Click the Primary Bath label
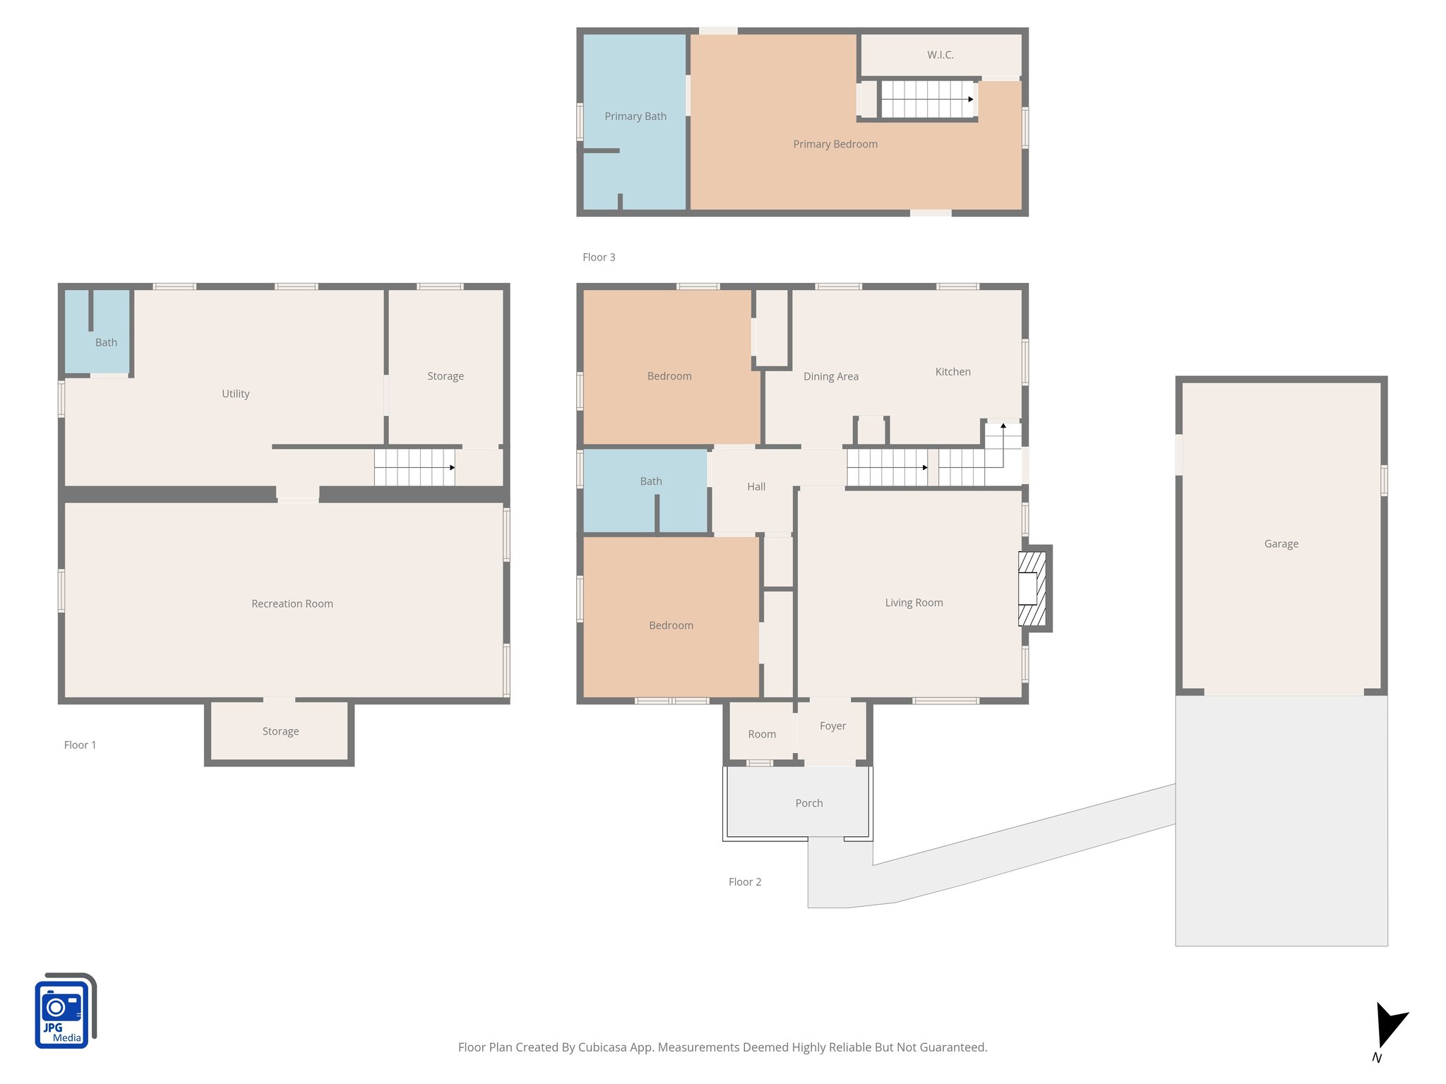(x=635, y=116)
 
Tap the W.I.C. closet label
(x=940, y=55)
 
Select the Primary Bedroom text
(x=835, y=144)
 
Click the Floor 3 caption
(x=598, y=257)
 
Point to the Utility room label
(x=235, y=394)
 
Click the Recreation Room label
(x=292, y=603)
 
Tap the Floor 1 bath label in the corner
(x=106, y=342)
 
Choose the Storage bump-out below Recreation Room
(x=280, y=731)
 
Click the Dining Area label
(x=830, y=376)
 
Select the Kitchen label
(x=952, y=372)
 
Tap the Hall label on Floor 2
(x=755, y=486)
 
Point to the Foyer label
(x=832, y=725)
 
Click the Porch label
(x=808, y=803)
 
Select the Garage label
(x=1281, y=543)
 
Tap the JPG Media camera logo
(x=64, y=1011)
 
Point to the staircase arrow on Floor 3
(x=970, y=99)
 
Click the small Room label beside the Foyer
(x=761, y=734)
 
